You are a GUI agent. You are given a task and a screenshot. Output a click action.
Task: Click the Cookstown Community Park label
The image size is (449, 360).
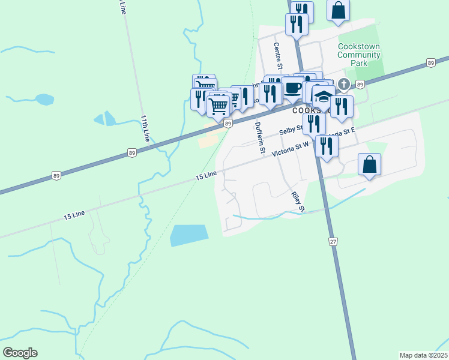359,55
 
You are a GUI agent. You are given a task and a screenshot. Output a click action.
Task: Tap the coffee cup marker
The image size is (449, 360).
292,88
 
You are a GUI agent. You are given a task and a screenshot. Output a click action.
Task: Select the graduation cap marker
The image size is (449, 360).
324,96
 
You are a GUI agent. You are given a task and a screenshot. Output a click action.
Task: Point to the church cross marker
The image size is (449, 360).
343,84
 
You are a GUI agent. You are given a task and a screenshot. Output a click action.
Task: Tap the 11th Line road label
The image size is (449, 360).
145,128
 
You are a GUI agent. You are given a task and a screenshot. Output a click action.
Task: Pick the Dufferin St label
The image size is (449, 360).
259,139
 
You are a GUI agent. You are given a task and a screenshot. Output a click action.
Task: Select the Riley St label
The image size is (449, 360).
298,202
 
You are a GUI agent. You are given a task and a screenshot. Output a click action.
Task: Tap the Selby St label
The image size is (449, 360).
290,131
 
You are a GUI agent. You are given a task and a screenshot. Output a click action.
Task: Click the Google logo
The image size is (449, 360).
20,353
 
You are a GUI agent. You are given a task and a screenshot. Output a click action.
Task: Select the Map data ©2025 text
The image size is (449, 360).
423,355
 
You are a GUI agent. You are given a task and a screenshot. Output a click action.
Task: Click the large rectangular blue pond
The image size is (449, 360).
188,235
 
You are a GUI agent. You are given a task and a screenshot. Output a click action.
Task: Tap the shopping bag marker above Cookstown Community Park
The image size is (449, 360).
339,10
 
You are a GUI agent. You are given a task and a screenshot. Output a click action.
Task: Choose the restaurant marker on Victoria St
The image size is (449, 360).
326,146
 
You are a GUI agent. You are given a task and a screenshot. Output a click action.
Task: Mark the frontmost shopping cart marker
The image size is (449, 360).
219,106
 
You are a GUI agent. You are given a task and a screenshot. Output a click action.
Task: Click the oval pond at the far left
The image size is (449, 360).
44,99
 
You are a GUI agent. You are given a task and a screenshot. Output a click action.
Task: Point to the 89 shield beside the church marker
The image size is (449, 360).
360,85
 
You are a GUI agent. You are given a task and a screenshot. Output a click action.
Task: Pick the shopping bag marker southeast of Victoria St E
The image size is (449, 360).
369,164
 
